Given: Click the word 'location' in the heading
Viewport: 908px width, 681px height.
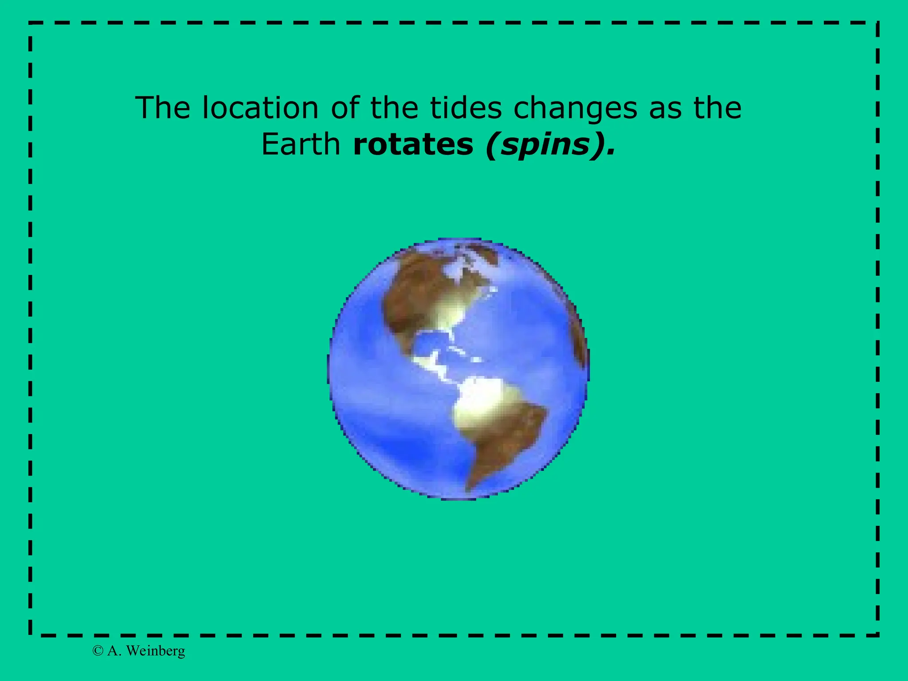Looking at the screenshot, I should [x=260, y=108].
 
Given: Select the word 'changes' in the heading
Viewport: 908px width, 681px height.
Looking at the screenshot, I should [x=575, y=109].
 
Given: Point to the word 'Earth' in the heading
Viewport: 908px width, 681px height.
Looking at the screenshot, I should [x=301, y=145].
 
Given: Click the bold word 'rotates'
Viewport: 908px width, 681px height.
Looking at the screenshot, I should [x=413, y=145].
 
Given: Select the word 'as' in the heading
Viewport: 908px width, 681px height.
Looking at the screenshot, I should [x=665, y=109].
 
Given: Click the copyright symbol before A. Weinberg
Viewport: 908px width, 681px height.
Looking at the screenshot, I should [x=98, y=651].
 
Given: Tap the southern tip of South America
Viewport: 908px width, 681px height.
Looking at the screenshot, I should [x=468, y=488].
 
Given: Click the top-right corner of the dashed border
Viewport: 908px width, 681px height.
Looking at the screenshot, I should [x=877, y=23].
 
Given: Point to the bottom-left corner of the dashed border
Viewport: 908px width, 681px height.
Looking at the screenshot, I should [x=30, y=634].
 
